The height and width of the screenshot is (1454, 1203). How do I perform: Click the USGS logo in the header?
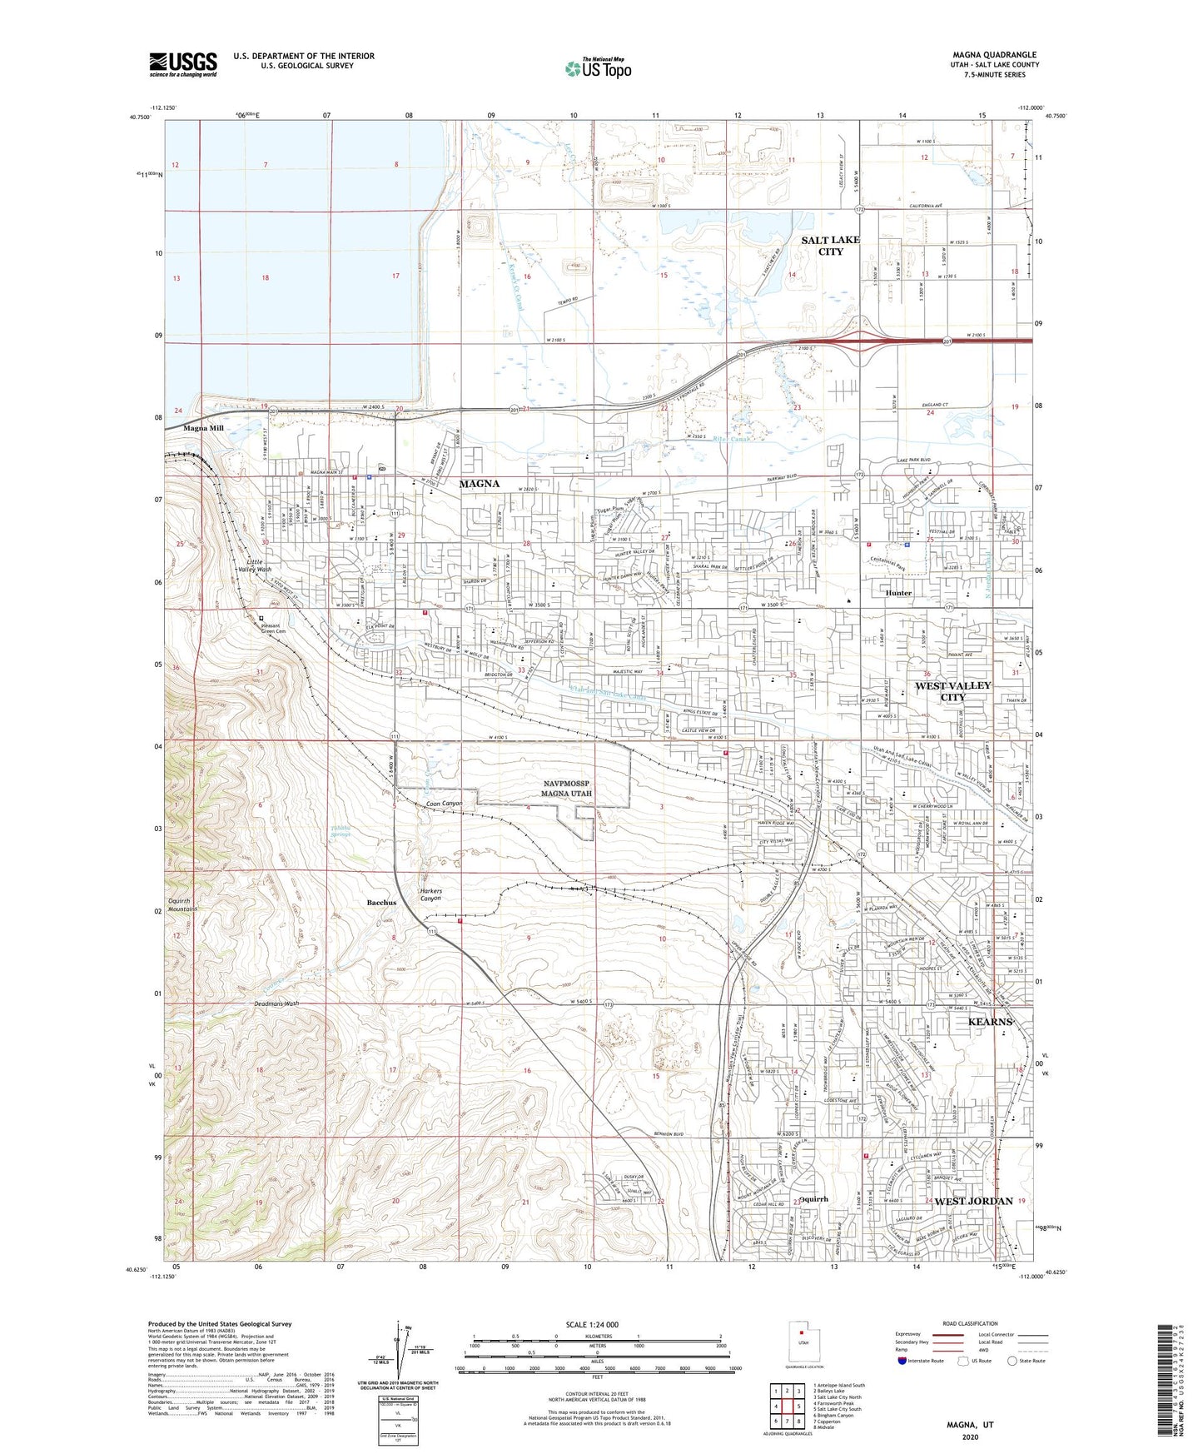(x=183, y=64)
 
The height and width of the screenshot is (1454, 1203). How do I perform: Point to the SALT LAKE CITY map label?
(x=830, y=246)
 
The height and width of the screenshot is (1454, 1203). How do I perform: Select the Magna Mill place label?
(x=204, y=428)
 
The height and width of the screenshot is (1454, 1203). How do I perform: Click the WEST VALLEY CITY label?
(x=952, y=691)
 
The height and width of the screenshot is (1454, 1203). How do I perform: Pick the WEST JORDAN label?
(x=973, y=1201)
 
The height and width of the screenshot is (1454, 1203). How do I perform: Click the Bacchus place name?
(x=381, y=903)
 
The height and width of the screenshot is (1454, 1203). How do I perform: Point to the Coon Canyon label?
(x=444, y=804)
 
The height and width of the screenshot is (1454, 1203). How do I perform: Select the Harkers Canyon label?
(x=430, y=894)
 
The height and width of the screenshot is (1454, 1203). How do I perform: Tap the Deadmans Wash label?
(x=276, y=1004)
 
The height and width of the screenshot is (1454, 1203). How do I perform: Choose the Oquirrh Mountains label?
(x=181, y=904)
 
